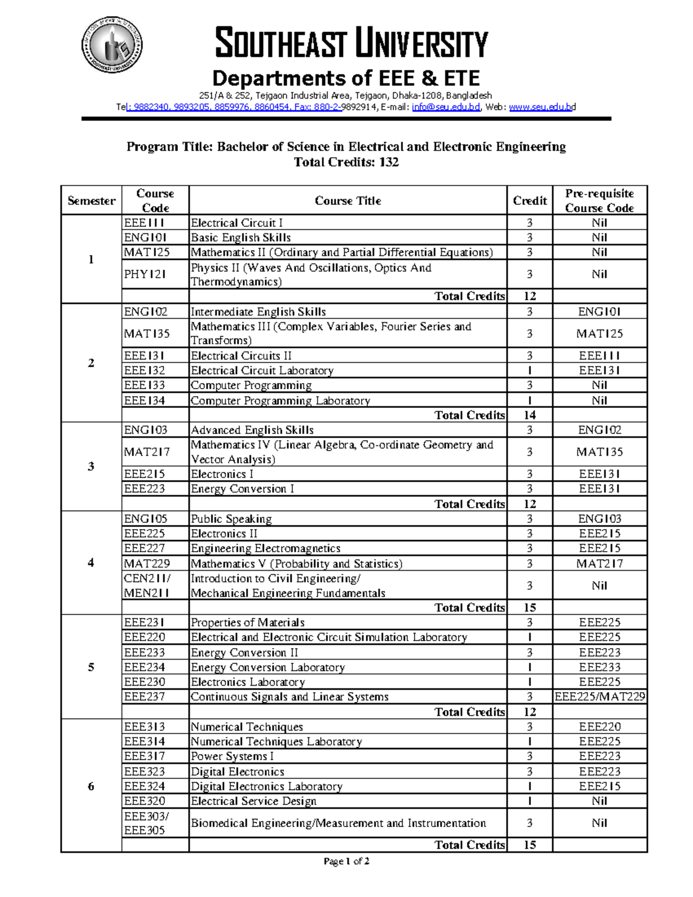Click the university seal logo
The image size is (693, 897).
point(111,45)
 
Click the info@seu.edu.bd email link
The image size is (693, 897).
point(445,107)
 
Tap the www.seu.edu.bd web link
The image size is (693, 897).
point(542,107)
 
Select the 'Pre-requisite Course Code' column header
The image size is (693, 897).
point(599,200)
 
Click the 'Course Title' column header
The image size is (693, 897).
point(348,200)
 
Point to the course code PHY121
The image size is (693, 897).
point(144,274)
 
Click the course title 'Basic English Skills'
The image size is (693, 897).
point(241,237)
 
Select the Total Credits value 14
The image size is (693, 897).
point(529,415)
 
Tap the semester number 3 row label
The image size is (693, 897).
point(91,466)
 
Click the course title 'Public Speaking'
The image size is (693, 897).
point(231,519)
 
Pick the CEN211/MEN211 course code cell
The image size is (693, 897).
point(147,585)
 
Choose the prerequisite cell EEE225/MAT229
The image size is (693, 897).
point(599,697)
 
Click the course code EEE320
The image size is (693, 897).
point(144,801)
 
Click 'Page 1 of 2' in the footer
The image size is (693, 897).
point(346,861)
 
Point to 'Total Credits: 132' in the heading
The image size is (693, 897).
point(346,162)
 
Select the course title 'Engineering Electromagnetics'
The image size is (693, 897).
point(266,548)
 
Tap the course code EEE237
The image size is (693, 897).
point(144,697)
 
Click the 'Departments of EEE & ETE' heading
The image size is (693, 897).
point(346,78)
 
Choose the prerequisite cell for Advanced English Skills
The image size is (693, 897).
point(599,430)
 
